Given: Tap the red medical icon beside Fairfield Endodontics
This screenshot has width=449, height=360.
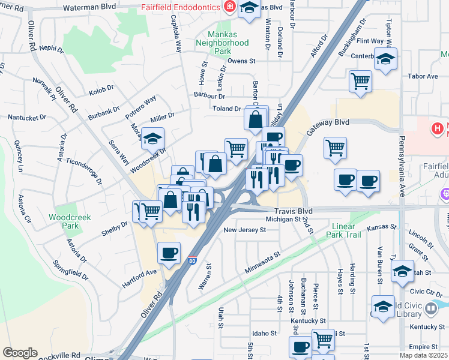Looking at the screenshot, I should coord(229,7).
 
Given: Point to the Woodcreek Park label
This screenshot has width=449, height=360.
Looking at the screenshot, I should coord(70,221).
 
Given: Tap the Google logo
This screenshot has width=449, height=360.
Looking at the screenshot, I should coord(20,352).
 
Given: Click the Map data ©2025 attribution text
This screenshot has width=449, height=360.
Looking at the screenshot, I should coord(423,355).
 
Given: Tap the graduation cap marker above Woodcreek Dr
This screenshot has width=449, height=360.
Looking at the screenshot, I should coord(152,139).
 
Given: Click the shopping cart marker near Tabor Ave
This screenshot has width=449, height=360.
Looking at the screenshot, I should coord(360,80).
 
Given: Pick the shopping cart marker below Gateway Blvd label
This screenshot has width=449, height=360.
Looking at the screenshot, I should coord(334,148).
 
